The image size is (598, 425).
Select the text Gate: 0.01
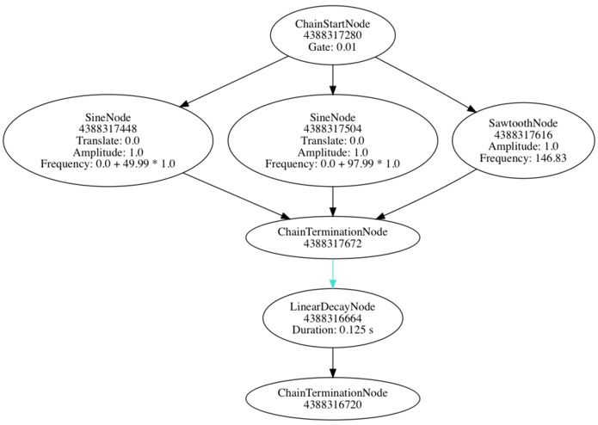332,47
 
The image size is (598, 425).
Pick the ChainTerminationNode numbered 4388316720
332,399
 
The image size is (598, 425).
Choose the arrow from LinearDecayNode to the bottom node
332,364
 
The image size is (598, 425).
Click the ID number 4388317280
332,35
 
